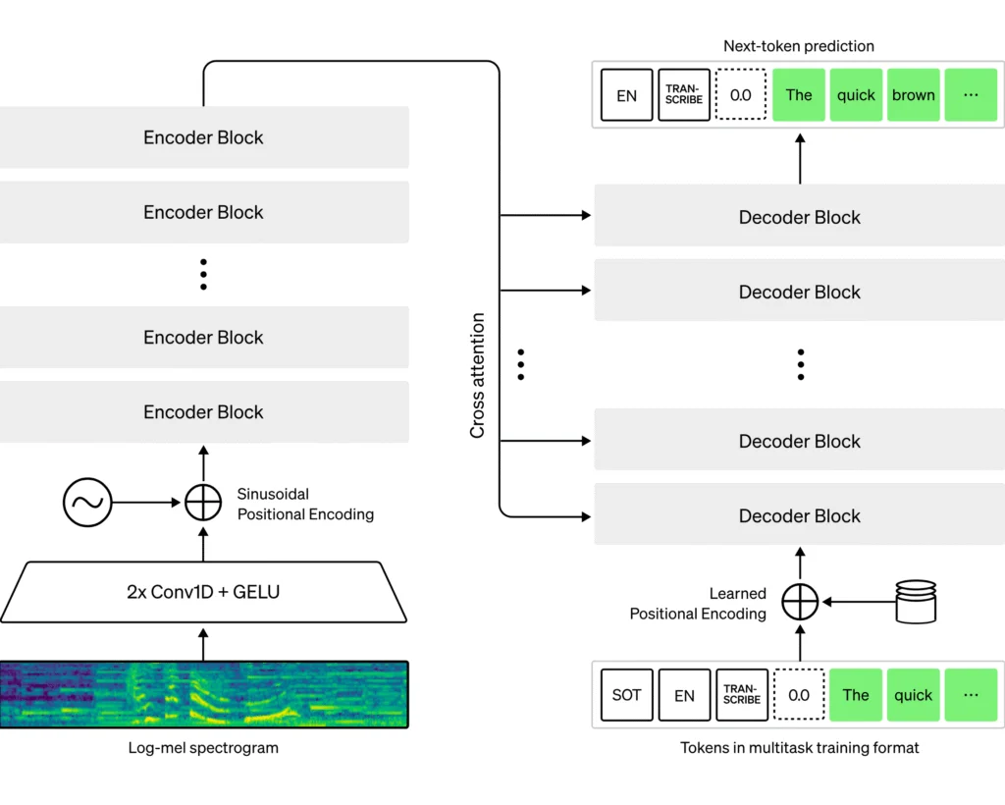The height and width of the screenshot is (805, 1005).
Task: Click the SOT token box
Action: pos(626,695)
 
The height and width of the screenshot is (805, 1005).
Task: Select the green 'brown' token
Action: pos(914,95)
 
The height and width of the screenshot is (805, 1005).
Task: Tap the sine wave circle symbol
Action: pos(87,504)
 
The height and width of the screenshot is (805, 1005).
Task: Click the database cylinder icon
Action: pos(917,601)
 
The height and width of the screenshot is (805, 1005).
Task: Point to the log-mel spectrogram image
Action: pos(204,694)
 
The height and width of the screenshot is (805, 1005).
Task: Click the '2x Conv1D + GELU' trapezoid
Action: pos(204,592)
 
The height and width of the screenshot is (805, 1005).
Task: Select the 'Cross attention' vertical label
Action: pos(478,375)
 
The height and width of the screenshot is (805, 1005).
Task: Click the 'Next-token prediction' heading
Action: pos(799,46)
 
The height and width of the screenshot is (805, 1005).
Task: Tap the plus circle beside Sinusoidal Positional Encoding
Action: pos(204,504)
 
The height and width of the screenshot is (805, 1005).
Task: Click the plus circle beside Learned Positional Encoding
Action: pos(800,601)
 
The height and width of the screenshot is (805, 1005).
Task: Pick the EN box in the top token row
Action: pos(626,95)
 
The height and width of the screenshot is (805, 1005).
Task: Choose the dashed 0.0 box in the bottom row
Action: pos(799,695)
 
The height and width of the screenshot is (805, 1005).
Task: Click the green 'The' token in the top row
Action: pos(799,95)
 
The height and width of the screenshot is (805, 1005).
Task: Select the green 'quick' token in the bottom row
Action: pos(913,695)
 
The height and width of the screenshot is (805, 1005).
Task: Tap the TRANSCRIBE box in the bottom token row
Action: pos(741,695)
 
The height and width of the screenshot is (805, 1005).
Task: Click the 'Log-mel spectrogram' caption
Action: pos(204,748)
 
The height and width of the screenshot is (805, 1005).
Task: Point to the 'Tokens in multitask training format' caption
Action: pos(800,748)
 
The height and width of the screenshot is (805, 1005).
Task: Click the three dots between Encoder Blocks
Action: pos(204,274)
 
